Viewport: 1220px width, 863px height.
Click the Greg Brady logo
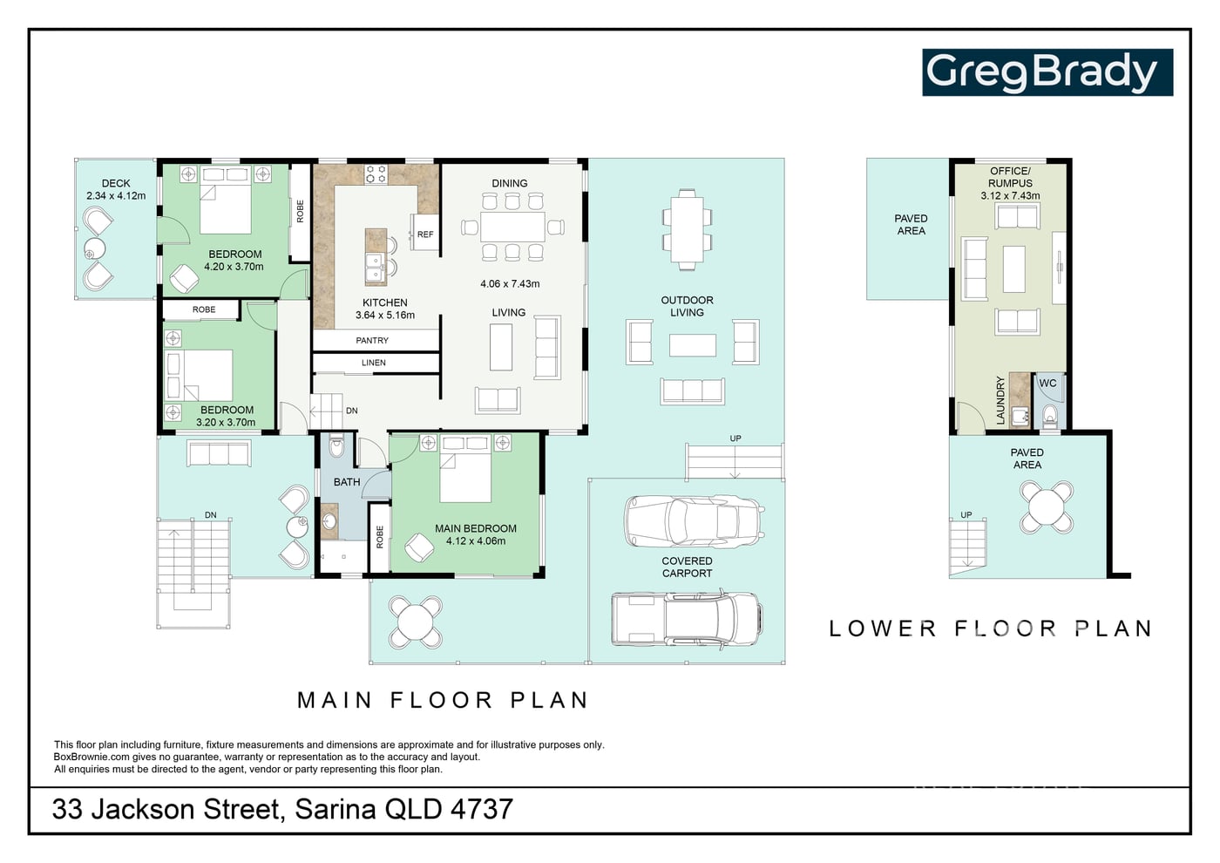click(1047, 72)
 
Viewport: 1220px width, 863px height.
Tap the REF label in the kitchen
click(425, 234)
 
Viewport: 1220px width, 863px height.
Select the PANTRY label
click(372, 341)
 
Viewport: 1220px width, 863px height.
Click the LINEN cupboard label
click(374, 363)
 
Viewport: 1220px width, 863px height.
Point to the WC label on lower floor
click(1047, 383)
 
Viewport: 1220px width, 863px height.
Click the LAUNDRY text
click(1000, 400)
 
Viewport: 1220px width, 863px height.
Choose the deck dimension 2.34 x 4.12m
click(116, 195)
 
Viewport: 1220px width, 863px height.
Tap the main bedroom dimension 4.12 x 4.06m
click(476, 541)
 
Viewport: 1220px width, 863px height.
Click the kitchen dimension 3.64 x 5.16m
click(385, 315)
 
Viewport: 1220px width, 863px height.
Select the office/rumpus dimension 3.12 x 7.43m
click(1010, 195)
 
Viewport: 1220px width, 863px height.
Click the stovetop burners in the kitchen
click(376, 173)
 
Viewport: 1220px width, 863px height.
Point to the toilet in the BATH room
click(336, 446)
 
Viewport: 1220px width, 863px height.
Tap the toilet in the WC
click(1049, 417)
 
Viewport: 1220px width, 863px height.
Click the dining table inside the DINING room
click(512, 227)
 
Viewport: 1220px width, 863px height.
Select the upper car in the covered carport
click(694, 521)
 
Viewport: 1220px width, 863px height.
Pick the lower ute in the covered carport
click(687, 619)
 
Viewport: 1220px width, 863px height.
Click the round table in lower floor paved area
click(1047, 507)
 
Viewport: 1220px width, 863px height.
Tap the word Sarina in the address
click(335, 810)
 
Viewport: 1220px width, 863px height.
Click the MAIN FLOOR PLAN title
click(443, 701)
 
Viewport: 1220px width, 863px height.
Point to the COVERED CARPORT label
click(687, 567)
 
